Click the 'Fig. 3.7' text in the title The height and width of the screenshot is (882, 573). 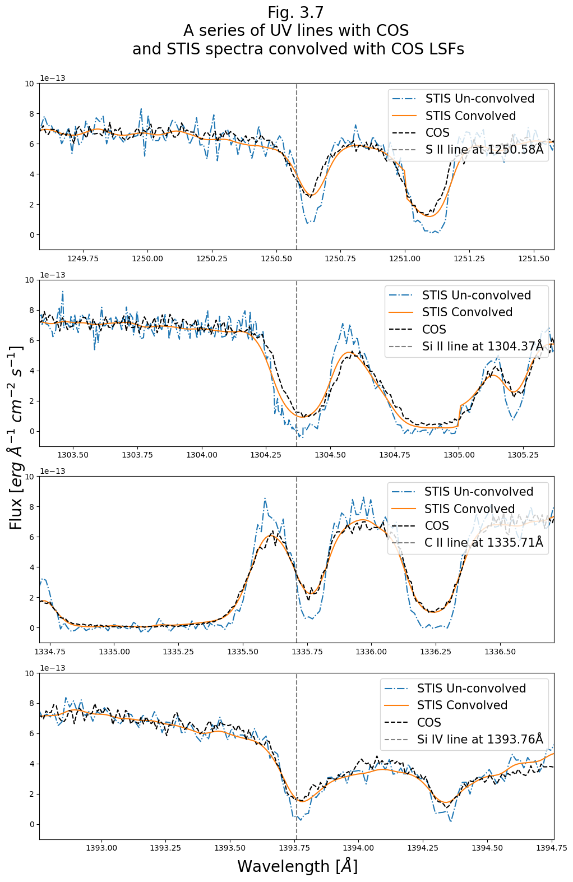click(295, 13)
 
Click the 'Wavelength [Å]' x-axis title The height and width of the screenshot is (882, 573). click(297, 866)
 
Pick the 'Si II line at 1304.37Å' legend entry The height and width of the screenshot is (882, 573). click(483, 347)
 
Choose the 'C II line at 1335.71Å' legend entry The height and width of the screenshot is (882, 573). click(484, 543)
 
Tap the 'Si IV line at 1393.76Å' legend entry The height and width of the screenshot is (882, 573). click(480, 740)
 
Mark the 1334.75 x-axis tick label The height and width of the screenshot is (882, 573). click(50, 652)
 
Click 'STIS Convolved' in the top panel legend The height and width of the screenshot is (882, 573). click(470, 116)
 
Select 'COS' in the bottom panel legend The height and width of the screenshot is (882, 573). click(429, 723)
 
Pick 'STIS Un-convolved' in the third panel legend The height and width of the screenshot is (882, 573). click(479, 492)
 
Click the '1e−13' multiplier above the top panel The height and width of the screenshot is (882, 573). click(52, 78)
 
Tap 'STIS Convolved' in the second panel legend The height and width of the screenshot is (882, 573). click(467, 312)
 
